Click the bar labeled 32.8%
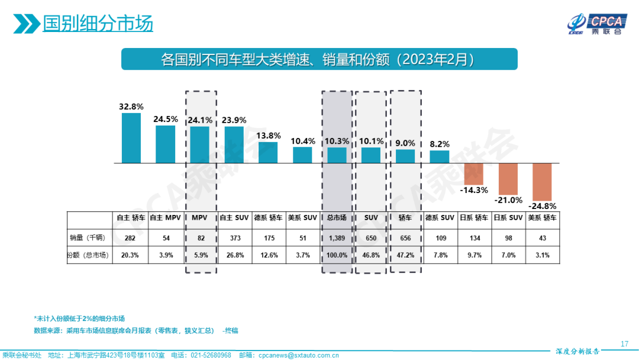[131, 138]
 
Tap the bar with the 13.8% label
[268, 152]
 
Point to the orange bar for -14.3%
[474, 173]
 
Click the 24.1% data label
[199, 119]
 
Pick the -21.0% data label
[508, 200]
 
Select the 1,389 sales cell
[337, 237]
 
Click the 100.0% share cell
[337, 255]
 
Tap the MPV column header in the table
[201, 218]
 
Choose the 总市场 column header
[337, 218]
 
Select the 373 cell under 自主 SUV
[234, 237]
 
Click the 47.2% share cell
[405, 255]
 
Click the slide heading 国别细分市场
[98, 24]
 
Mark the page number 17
[624, 344]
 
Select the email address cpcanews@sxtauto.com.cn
[297, 355]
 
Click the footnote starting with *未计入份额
[79, 318]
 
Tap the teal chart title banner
[319, 60]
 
